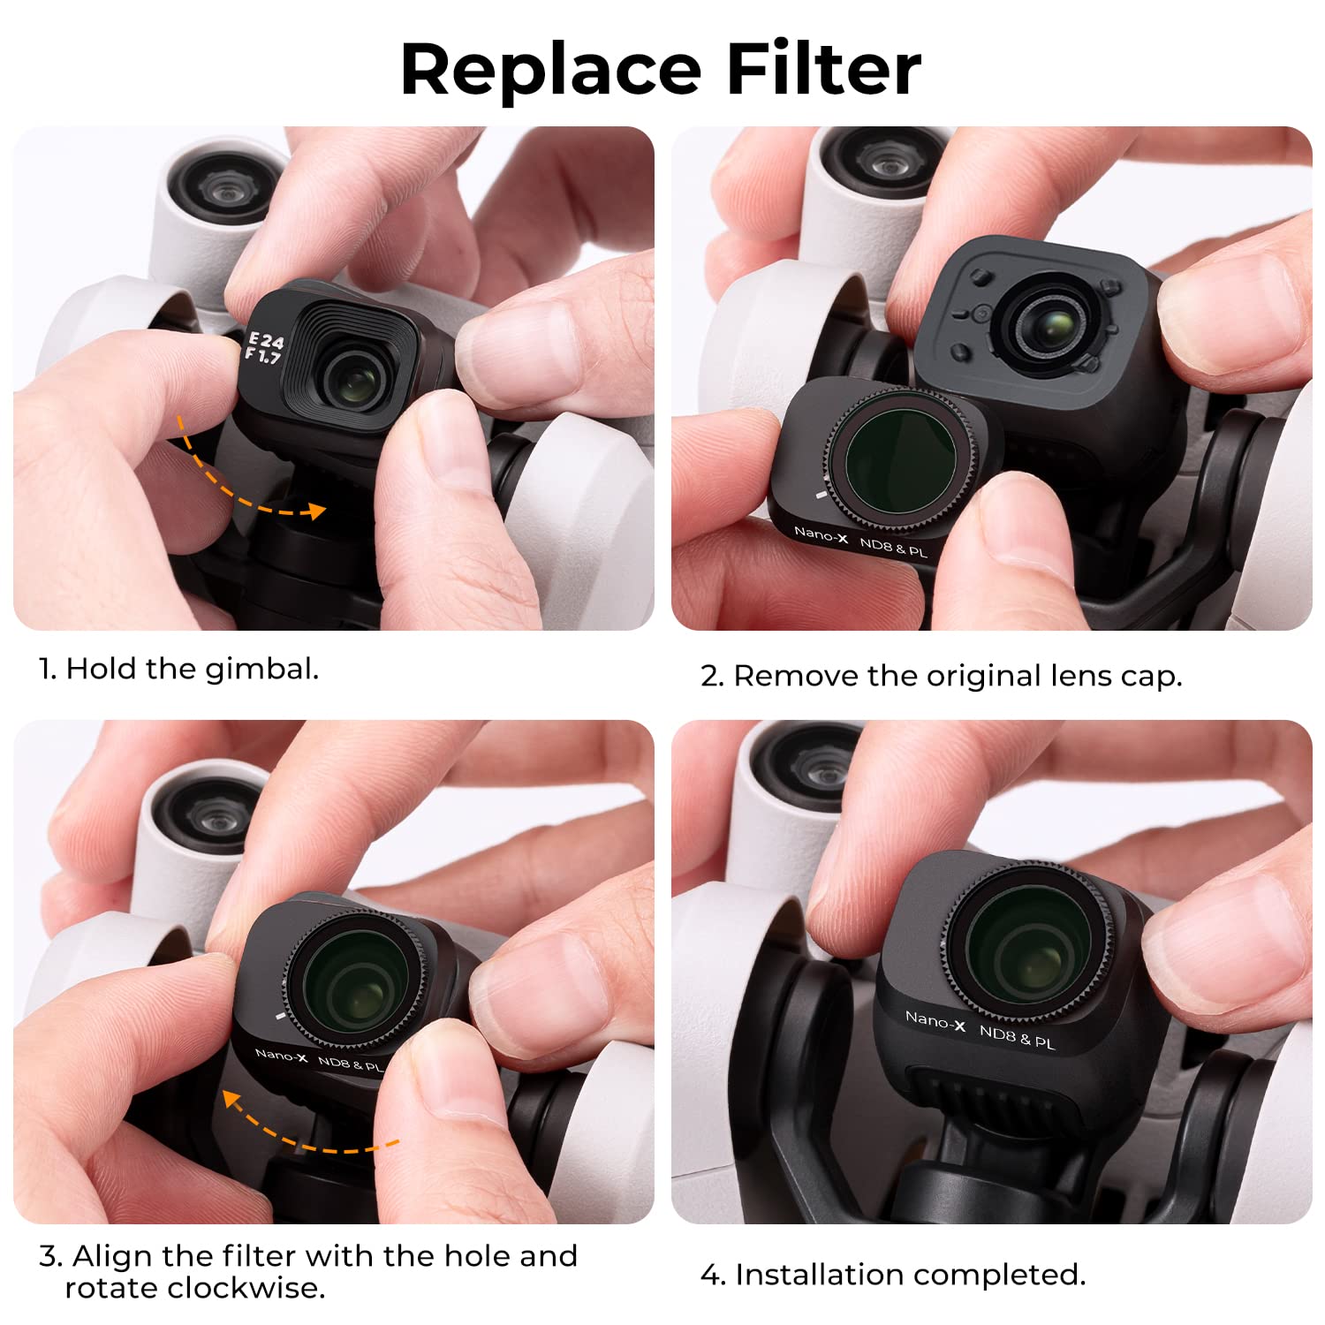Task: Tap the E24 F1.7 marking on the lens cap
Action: point(264,347)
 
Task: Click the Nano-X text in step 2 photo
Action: point(821,534)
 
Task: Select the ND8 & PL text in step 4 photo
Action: point(1017,1037)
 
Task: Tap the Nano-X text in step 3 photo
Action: point(280,1055)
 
